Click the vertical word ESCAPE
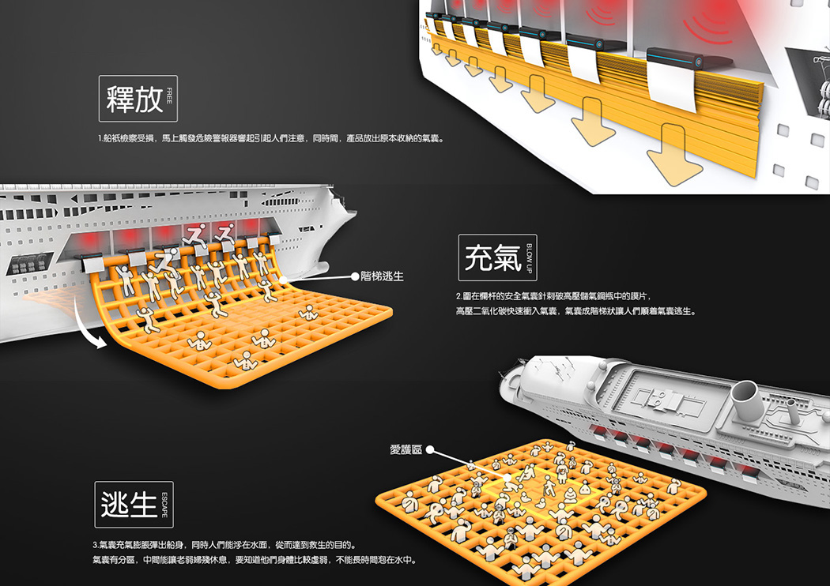point(164,504)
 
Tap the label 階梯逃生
point(382,276)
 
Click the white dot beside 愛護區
point(431,451)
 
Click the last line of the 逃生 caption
point(253,560)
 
